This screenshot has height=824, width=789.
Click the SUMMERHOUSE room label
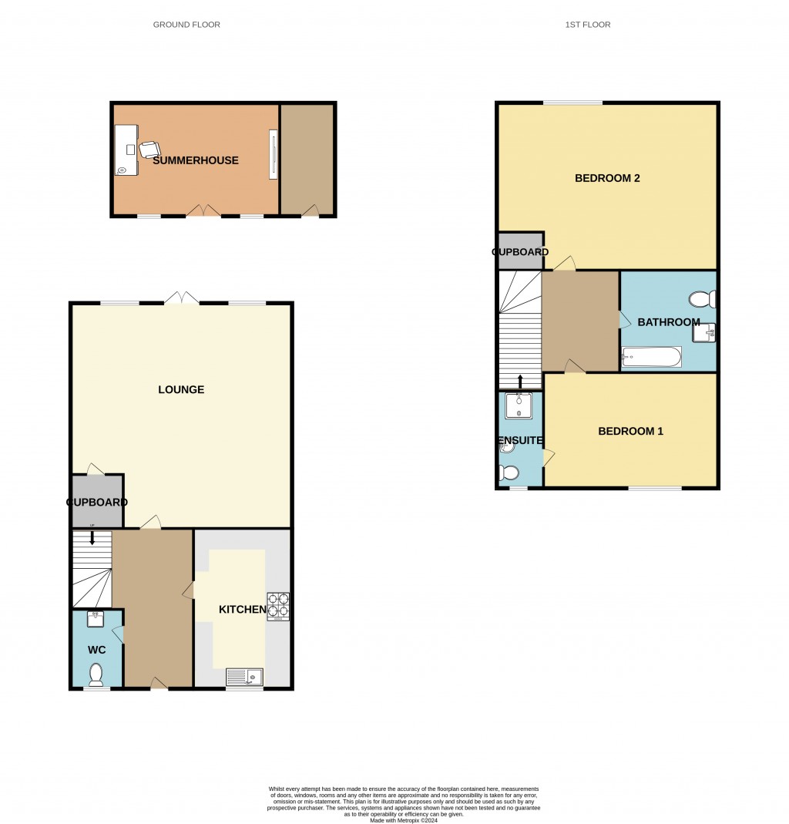[196, 160]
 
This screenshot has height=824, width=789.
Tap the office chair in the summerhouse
[149, 150]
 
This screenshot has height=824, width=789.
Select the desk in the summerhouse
[126, 150]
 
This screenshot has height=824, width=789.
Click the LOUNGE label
[181, 389]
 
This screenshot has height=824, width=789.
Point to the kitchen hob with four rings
[278, 607]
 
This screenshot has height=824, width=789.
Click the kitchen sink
[244, 677]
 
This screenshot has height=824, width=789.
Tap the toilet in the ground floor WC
[96, 674]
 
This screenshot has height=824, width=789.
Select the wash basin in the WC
[95, 619]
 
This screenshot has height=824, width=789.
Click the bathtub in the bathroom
[651, 357]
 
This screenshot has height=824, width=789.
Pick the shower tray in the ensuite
[519, 405]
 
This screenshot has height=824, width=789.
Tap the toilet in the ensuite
[509, 473]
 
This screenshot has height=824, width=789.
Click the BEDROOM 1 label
[630, 431]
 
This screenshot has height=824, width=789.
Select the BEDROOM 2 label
[607, 178]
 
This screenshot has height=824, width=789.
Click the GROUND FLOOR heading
[186, 25]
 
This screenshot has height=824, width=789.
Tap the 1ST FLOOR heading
[588, 25]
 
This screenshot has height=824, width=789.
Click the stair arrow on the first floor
[520, 382]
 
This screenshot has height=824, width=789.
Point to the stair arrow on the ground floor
[92, 537]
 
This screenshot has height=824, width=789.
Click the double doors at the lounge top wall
[182, 298]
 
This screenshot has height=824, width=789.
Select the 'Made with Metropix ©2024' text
[404, 820]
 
